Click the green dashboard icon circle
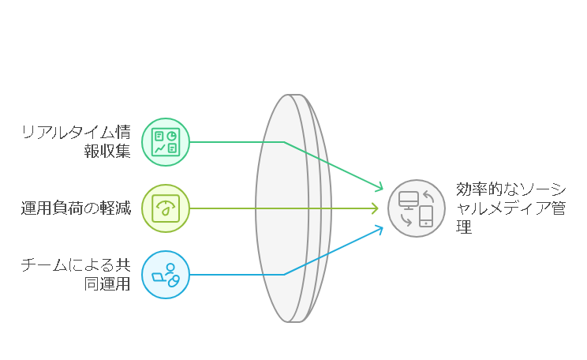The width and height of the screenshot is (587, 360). pos(166,142)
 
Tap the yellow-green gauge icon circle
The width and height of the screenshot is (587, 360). pos(166,208)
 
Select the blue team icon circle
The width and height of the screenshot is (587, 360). pos(166,275)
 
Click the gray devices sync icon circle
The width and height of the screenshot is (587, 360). pos(417,208)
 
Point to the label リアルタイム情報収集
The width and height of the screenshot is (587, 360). pos(76,142)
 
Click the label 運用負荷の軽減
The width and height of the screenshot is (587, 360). pos(76,208)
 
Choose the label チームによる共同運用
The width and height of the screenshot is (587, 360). pos(76,275)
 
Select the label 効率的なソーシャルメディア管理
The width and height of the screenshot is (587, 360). pos(510,208)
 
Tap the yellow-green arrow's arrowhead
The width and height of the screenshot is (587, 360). pos(375,208)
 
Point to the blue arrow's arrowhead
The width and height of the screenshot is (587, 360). pos(379,230)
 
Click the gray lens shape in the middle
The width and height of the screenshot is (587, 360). pos(293,208)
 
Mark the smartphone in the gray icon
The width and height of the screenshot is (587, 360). pos(426,216)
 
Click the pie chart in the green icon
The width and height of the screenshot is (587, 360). pos(172,136)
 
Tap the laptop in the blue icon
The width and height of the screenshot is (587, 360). pos(159,277)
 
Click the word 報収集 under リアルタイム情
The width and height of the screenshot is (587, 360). pos(107,152)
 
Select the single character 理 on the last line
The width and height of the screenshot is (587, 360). pos(464,227)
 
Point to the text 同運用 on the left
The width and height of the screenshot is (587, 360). pos(107,284)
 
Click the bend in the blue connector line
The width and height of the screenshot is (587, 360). pos(284,275)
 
